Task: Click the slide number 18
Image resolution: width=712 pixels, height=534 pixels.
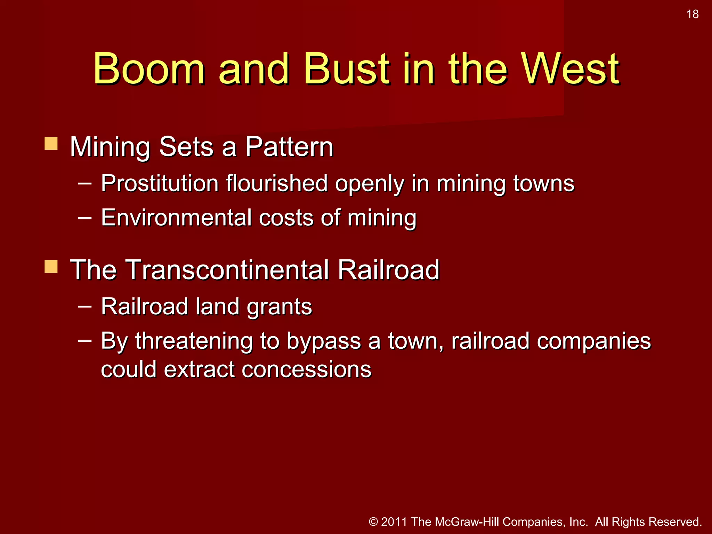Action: [693, 14]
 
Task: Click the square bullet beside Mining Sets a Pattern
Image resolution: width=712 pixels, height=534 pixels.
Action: [51, 144]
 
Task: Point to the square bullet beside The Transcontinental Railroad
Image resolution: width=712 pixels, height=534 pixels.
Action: [51, 267]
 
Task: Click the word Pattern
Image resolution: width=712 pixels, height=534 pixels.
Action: [289, 147]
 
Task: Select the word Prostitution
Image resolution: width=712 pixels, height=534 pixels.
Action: [160, 183]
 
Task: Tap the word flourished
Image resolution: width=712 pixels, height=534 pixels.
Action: [277, 183]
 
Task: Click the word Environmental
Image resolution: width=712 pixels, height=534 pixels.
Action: [176, 218]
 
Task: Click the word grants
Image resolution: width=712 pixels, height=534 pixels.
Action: [279, 307]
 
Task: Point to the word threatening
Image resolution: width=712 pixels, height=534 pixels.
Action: [194, 341]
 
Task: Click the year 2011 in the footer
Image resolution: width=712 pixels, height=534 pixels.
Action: [394, 522]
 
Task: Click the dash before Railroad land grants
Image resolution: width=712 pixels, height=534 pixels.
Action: [85, 306]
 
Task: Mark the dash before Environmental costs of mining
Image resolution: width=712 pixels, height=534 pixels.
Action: [85, 218]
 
